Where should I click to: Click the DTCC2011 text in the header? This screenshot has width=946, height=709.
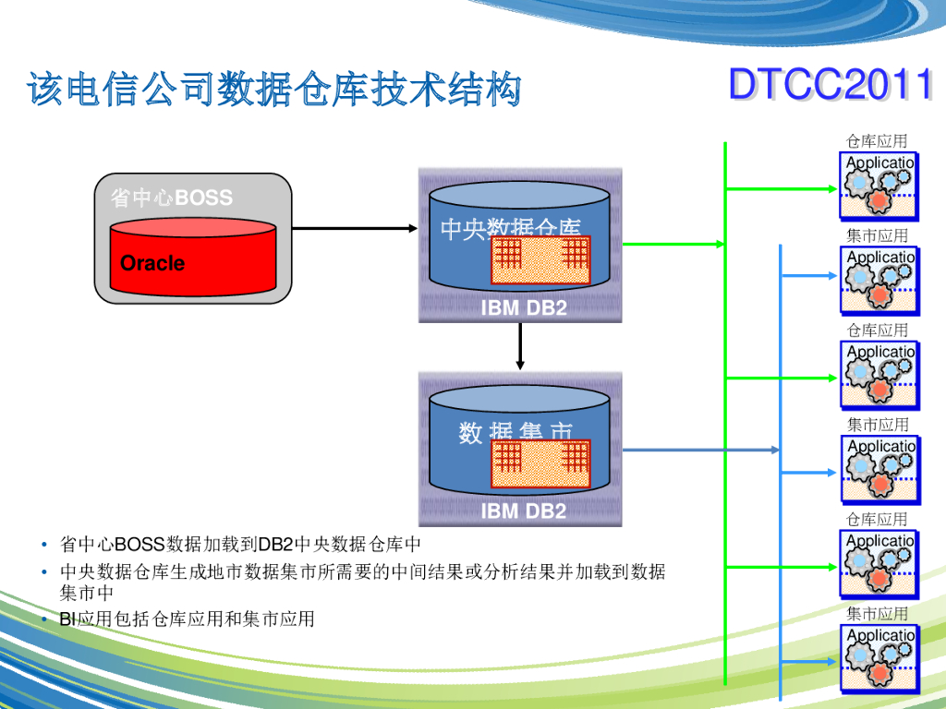(x=830, y=85)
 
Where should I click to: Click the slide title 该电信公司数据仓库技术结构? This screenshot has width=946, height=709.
(x=274, y=90)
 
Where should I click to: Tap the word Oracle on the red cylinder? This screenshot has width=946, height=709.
(x=152, y=263)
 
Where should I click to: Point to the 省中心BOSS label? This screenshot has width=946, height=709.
(x=171, y=198)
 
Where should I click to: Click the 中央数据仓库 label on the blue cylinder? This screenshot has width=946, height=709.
(x=510, y=227)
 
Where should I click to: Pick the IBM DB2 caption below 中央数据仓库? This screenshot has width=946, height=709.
(x=523, y=308)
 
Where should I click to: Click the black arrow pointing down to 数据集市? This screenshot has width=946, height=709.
(x=520, y=346)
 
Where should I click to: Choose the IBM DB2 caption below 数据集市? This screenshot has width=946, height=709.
(x=523, y=511)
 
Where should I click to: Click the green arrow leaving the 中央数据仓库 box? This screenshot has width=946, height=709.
(x=673, y=245)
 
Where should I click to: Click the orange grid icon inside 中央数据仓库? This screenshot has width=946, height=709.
(x=540, y=260)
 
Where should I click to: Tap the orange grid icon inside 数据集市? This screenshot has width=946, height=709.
(x=540, y=464)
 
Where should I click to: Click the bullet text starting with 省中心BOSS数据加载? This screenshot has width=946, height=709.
(x=240, y=543)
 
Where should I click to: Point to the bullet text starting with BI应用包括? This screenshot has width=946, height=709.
(x=187, y=619)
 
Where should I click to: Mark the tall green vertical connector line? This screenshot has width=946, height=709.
(x=726, y=415)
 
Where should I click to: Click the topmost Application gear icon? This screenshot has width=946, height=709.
(x=879, y=187)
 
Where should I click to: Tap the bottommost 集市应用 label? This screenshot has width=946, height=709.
(x=878, y=613)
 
